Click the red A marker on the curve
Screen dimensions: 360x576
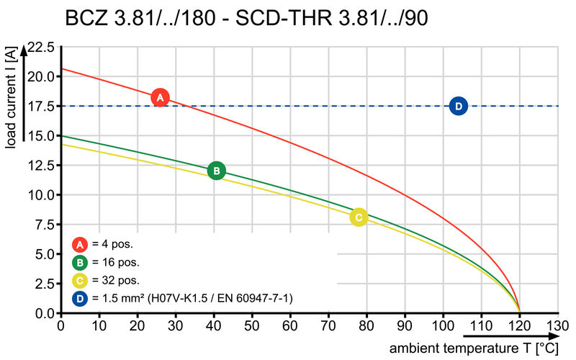pos(161,97)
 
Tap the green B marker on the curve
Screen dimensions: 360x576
pos(216,171)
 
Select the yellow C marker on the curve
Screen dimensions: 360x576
pos(359,217)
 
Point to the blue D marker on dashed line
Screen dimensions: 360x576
pos(459,106)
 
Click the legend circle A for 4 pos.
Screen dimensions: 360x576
pos(80,244)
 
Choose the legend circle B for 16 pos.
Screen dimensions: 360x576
pos(80,262)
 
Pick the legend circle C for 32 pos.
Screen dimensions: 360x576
pos(80,279)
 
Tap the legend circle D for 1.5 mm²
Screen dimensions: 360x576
pos(80,297)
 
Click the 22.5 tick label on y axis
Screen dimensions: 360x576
pos(40,48)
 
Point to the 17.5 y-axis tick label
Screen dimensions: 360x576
pos(40,107)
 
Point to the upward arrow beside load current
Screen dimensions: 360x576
pos(24,94)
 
